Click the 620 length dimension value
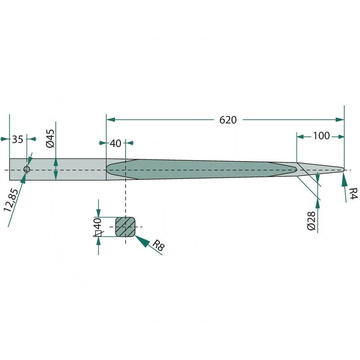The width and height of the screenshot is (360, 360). point(228,120)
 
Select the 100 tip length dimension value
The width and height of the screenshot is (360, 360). point(321,136)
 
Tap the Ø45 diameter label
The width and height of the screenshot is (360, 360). point(50,138)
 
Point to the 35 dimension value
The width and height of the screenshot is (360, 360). point(18,139)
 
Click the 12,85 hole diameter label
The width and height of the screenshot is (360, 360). point(11,200)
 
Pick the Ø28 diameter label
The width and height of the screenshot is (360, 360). point(311,221)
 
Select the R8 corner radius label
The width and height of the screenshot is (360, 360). point(158,245)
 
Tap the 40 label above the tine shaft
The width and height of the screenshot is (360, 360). point(115,143)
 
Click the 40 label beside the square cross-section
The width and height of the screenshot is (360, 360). point(98,224)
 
